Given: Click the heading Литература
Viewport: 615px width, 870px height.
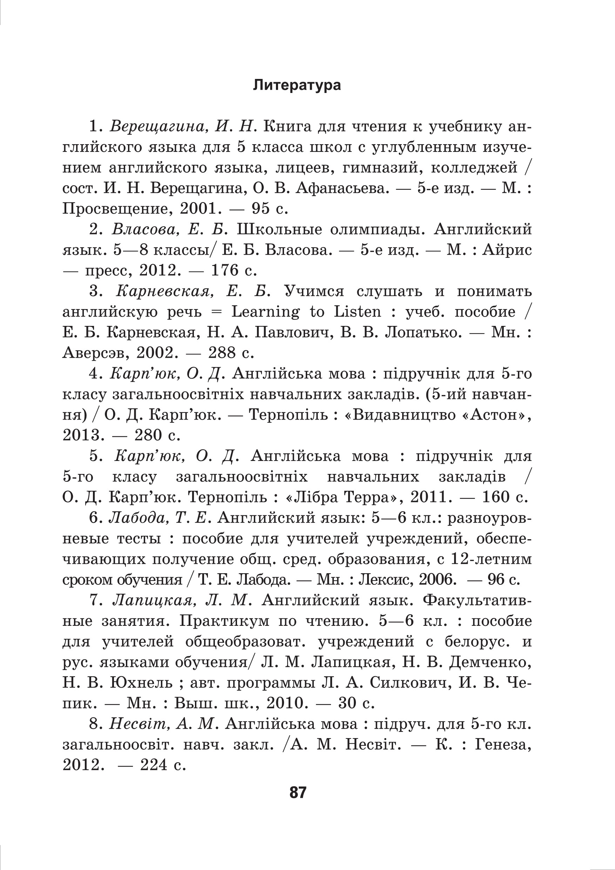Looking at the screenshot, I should pyautogui.click(x=297, y=85).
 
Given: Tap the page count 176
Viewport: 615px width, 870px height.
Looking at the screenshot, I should pyautogui.click(x=224, y=270).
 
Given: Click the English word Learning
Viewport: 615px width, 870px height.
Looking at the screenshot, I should pyautogui.click(x=265, y=312).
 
